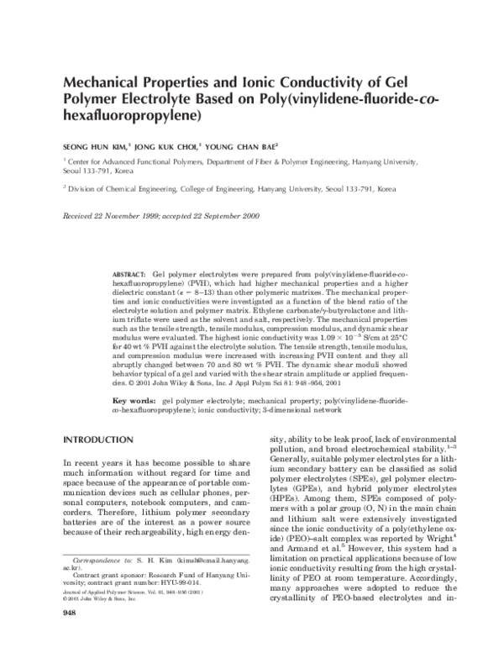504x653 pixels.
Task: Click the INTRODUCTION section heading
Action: (x=98, y=440)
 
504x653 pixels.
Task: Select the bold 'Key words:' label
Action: (x=133, y=403)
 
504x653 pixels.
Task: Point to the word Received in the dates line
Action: (x=80, y=216)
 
